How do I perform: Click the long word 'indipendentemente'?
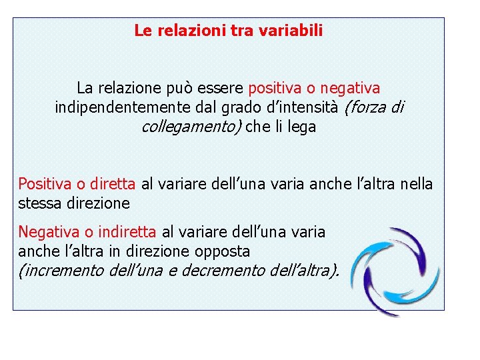(x=112, y=107)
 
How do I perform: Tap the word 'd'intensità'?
(x=295, y=107)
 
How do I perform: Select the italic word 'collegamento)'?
(x=192, y=127)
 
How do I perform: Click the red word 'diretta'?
(x=113, y=183)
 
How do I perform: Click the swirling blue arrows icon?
(x=395, y=271)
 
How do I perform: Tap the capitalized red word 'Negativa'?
(x=47, y=232)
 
